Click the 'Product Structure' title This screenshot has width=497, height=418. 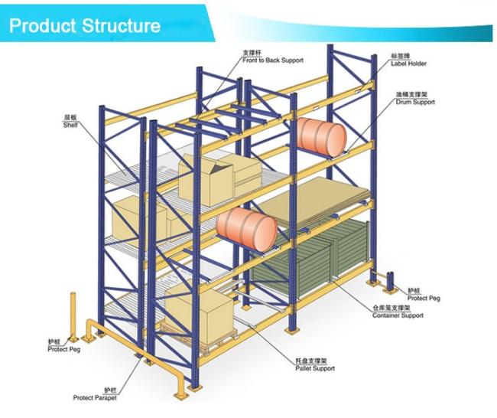pos(85,26)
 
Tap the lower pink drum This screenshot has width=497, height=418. pos(245,227)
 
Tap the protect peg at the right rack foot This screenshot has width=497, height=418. pos(391,282)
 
